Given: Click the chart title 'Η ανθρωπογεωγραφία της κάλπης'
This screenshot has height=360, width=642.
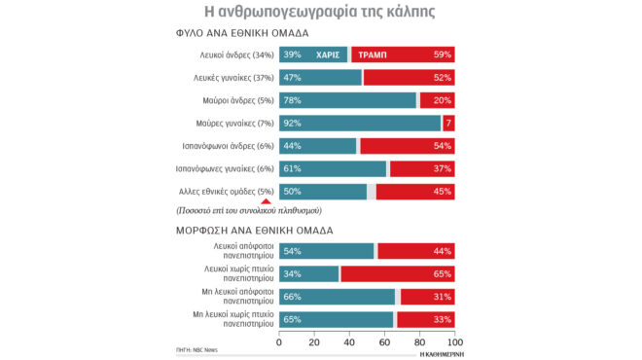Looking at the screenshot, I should (x=320, y=13).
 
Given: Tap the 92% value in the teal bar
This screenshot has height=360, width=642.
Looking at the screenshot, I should (x=292, y=124).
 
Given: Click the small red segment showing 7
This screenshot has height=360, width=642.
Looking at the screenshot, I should (x=448, y=124).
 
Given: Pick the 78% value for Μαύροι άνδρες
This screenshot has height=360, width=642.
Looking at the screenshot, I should (x=292, y=100).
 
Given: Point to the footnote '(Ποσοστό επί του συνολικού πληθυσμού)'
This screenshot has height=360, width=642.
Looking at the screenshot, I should (x=249, y=210).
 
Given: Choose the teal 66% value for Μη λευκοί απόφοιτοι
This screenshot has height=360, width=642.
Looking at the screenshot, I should (x=292, y=296).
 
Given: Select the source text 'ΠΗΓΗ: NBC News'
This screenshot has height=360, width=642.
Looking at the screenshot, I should (x=198, y=346).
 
